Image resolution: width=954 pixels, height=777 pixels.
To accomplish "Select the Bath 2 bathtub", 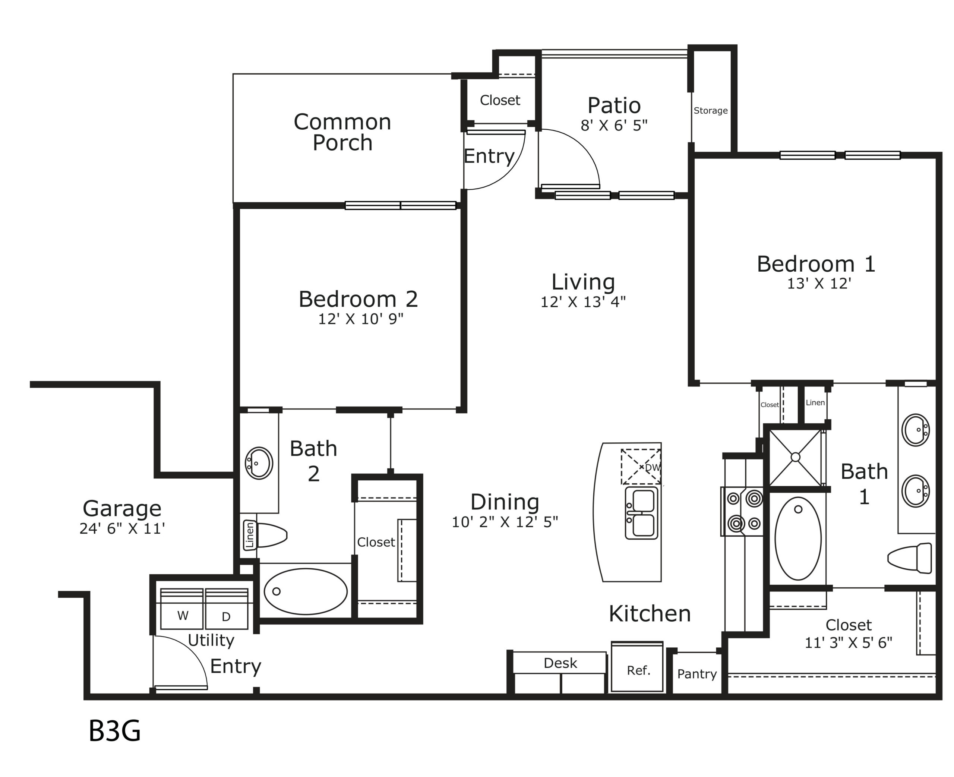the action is [x=306, y=591].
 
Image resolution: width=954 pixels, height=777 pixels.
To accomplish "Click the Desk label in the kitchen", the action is [x=560, y=663].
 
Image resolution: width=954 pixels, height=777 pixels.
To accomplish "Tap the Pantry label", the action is [x=697, y=674].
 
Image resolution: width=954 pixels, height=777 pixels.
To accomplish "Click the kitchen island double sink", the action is [x=642, y=512].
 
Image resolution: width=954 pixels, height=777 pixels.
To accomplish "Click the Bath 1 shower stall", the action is [x=796, y=457].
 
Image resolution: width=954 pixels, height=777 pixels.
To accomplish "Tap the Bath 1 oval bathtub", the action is [x=798, y=538].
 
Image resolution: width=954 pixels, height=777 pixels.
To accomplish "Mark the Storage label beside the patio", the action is [x=711, y=111].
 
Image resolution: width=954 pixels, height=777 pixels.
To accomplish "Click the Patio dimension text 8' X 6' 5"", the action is [x=614, y=126].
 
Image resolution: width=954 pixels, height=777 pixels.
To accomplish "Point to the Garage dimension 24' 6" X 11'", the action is [x=122, y=528].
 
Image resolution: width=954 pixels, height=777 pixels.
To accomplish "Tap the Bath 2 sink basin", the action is [x=259, y=463].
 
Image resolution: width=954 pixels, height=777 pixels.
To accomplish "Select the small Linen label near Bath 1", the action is [x=815, y=403].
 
